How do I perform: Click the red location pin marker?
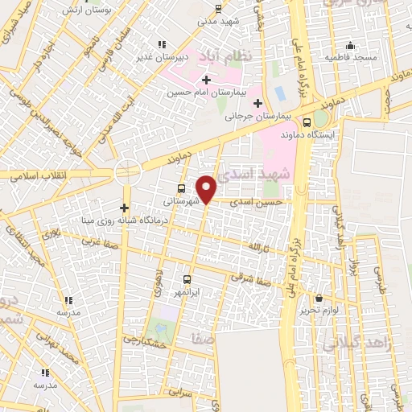coord(207,188)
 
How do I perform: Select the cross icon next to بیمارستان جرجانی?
coord(257,103)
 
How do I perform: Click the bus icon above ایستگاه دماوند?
coord(307,122)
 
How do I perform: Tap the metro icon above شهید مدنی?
coord(219,10)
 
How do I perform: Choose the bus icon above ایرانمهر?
coord(187,278)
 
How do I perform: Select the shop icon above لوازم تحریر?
coord(319,298)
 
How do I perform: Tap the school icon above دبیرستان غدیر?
coord(162,44)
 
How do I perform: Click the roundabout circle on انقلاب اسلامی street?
coord(126,172)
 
